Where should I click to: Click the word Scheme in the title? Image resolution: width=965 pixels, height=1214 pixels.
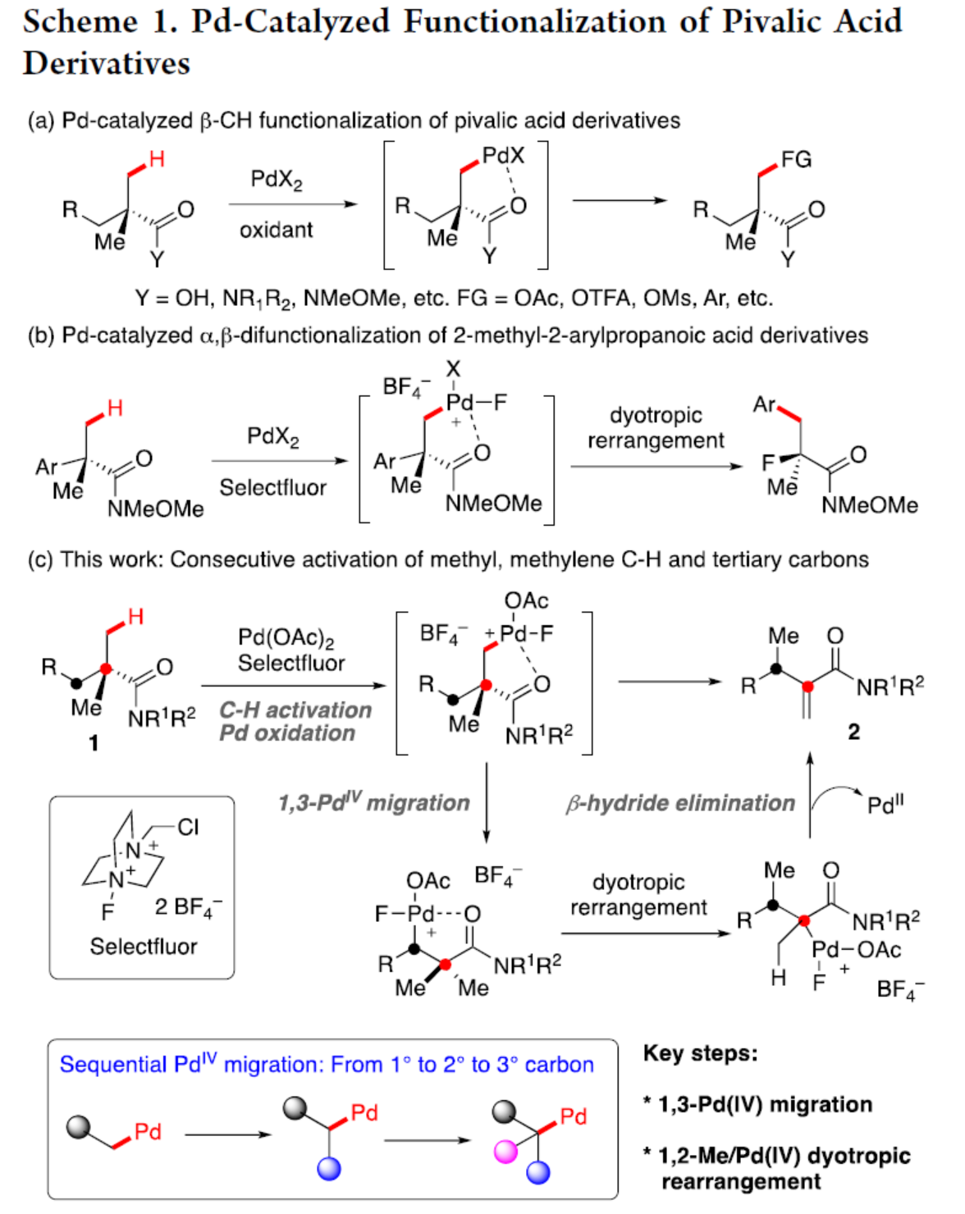click(x=80, y=22)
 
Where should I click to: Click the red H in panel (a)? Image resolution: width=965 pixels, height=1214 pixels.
click(x=156, y=158)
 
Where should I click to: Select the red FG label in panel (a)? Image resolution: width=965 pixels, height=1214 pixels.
click(x=795, y=159)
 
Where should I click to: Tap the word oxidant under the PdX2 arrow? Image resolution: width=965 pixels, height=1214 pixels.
click(x=276, y=230)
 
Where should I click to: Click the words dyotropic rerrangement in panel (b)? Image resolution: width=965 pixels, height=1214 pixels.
click(x=656, y=427)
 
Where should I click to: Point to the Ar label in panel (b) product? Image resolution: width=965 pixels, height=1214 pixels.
click(x=764, y=404)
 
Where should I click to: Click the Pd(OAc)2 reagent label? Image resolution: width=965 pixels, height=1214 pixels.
click(x=286, y=637)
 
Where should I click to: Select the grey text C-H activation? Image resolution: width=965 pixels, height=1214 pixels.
click(x=295, y=710)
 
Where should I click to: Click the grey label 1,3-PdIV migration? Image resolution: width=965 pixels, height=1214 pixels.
click(x=373, y=802)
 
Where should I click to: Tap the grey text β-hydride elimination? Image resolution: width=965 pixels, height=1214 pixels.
click(x=680, y=803)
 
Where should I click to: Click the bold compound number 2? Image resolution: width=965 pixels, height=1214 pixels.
click(x=853, y=732)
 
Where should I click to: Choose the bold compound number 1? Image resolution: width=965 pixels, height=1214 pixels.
click(x=94, y=743)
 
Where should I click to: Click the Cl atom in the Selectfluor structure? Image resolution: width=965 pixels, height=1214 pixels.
click(x=188, y=827)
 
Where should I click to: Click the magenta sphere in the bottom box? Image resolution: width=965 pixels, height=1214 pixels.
click(x=505, y=1152)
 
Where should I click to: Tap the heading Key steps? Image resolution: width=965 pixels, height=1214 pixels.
click(x=700, y=1053)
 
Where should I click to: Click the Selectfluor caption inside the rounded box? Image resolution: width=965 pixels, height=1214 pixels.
click(x=144, y=947)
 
